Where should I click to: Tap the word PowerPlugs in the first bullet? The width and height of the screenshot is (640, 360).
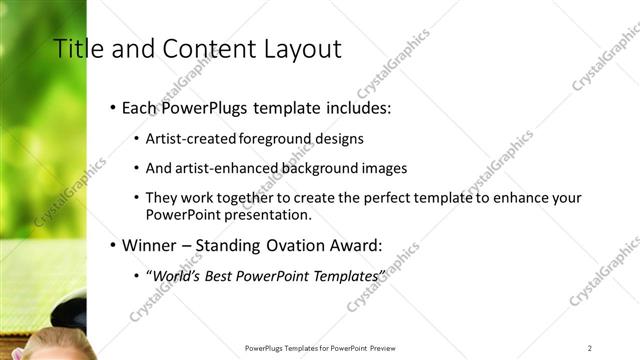211,107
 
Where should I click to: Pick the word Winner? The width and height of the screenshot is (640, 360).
149,244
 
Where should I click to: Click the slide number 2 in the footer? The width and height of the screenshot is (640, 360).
590,348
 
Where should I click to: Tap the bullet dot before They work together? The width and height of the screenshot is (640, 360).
137,198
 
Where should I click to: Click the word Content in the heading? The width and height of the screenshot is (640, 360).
204,49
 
